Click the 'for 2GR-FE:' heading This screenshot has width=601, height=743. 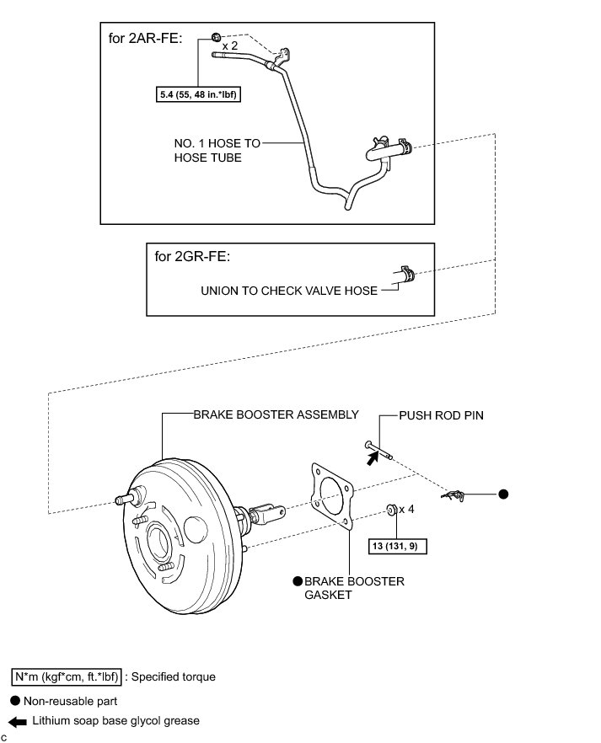[192, 255]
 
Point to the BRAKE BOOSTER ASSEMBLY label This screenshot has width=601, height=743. [276, 414]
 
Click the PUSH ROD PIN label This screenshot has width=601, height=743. [440, 415]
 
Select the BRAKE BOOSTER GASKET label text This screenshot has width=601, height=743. [354, 588]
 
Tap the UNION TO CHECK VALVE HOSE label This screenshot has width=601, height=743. [287, 291]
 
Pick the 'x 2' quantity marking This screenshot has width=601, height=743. [230, 47]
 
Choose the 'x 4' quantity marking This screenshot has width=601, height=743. [406, 509]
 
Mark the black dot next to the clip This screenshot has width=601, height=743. [503, 494]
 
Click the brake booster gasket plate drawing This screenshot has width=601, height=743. [331, 495]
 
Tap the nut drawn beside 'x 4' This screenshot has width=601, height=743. [391, 509]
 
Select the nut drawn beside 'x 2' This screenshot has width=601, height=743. [215, 36]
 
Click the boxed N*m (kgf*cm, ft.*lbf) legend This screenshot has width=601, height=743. [67, 676]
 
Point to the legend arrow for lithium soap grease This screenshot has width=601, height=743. [18, 721]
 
